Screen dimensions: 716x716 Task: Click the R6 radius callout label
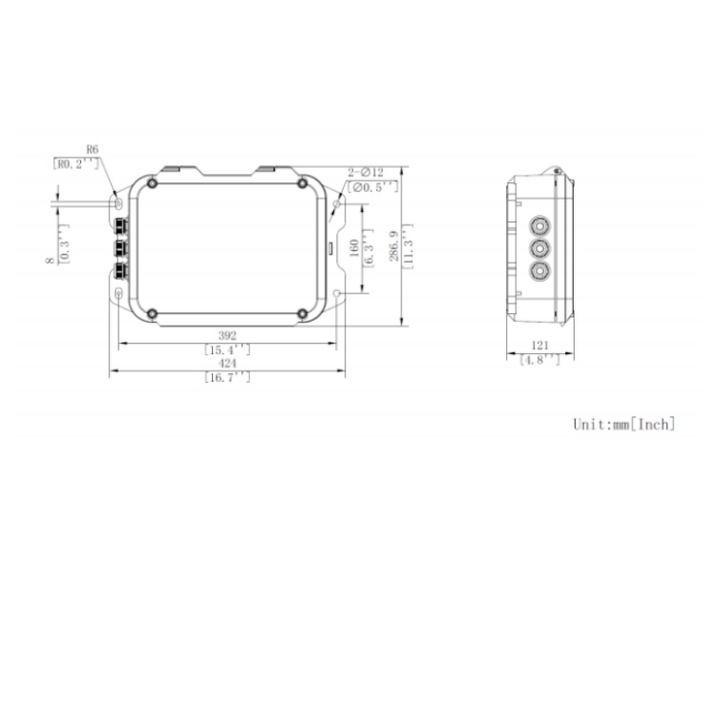[93, 150]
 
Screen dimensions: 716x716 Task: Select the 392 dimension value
[227, 336]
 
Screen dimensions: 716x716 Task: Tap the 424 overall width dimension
[227, 364]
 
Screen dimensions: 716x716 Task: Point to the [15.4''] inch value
[227, 349]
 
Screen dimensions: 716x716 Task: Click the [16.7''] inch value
[227, 377]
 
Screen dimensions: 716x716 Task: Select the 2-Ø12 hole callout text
[366, 172]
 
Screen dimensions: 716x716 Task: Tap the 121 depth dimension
[540, 346]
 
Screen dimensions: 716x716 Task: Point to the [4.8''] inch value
[540, 360]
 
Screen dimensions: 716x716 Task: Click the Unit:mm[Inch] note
[623, 423]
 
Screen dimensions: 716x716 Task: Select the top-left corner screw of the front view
[151, 183]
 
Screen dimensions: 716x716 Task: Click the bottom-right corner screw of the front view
[302, 313]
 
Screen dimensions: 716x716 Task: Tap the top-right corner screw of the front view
[302, 183]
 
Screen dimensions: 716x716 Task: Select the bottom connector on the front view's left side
[120, 269]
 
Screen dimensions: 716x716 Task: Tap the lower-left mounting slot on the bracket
[117, 295]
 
